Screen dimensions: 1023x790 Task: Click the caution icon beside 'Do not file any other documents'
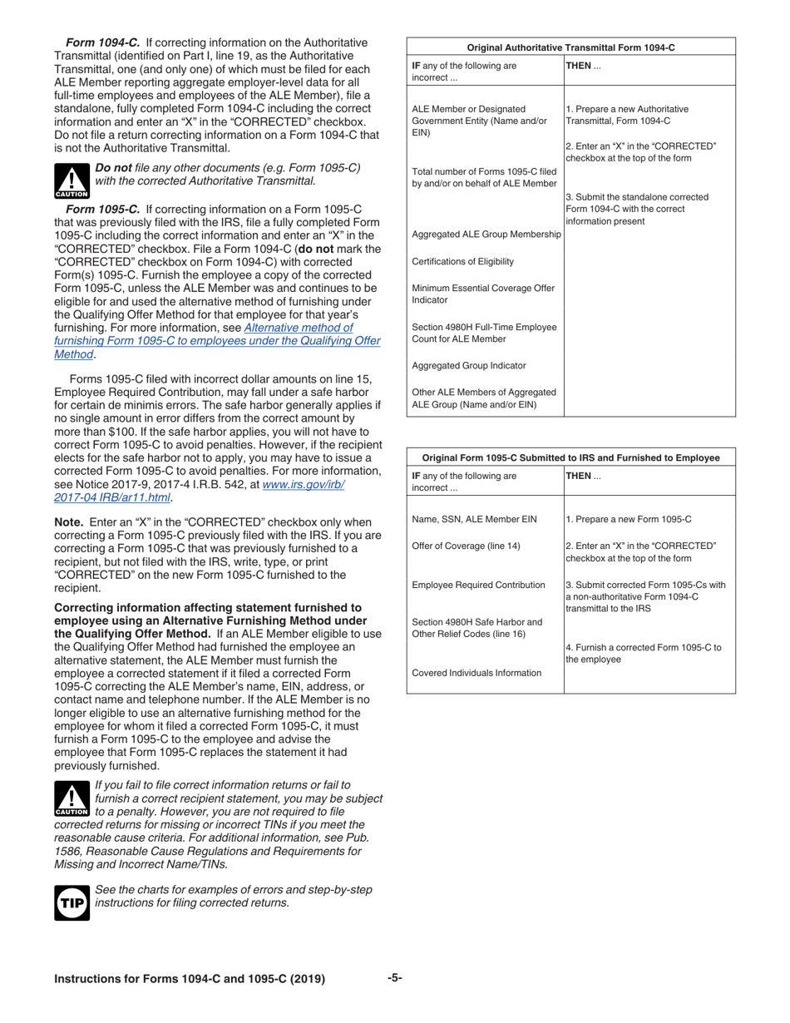click(72, 180)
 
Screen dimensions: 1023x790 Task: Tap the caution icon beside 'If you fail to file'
click(72, 798)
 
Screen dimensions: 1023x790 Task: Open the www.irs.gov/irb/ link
click(303, 484)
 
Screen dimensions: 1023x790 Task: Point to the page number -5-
click(395, 978)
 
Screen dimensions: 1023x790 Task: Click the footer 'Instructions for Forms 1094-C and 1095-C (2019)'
click(190, 979)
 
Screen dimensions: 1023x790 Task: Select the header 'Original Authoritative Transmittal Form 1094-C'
click(570, 47)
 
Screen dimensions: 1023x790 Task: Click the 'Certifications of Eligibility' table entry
click(463, 262)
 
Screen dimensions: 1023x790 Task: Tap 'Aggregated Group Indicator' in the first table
click(469, 366)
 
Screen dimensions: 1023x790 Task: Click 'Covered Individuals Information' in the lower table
click(476, 673)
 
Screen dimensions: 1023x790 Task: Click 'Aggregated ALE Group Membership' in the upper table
click(486, 235)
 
